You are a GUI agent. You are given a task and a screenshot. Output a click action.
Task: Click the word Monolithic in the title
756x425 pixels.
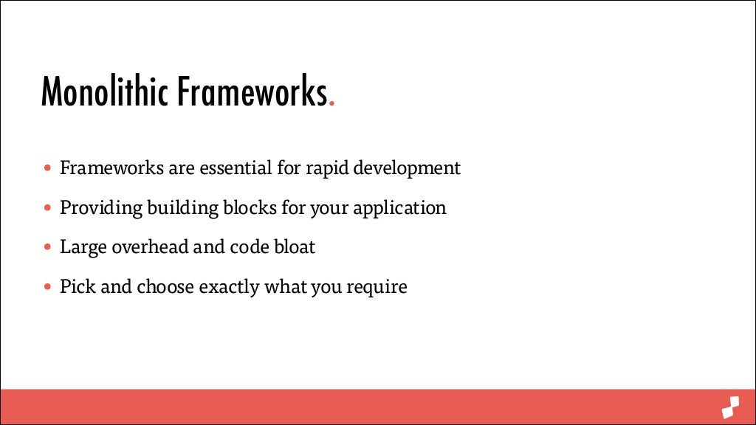click(x=103, y=92)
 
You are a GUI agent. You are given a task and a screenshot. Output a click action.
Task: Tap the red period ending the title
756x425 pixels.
click(x=332, y=105)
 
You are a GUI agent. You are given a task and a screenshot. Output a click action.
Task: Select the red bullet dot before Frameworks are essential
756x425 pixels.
click(x=48, y=168)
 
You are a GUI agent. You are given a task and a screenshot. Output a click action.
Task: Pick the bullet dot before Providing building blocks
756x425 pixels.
click(x=48, y=208)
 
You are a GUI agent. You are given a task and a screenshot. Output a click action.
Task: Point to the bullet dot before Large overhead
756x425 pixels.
click(x=48, y=247)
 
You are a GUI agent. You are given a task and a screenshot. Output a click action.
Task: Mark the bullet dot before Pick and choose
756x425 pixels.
click(x=48, y=287)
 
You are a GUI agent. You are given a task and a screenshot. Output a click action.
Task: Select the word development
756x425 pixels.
click(x=406, y=169)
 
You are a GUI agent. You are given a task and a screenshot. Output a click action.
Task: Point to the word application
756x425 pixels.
click(x=399, y=209)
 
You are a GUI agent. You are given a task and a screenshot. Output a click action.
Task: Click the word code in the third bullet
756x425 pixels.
click(x=248, y=247)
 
